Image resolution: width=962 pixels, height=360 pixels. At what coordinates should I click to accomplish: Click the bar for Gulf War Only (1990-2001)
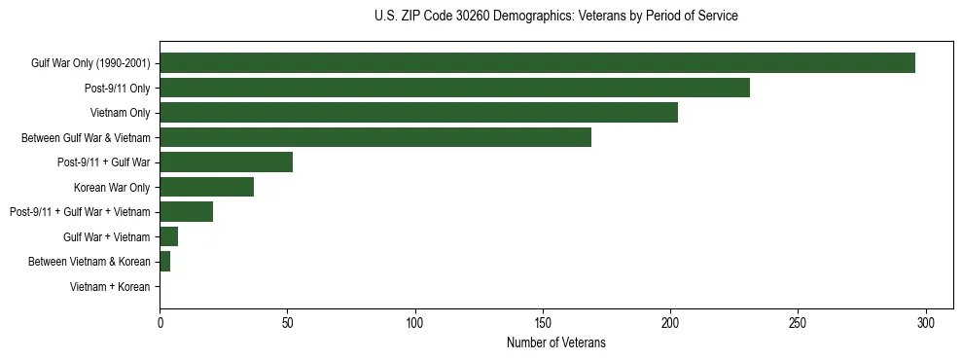pyautogui.click(x=537, y=63)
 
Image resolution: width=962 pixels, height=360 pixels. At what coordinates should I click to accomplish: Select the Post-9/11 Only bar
pyautogui.click(x=454, y=89)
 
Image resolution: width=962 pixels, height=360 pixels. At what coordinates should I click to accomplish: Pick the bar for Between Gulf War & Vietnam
pyautogui.click(x=375, y=138)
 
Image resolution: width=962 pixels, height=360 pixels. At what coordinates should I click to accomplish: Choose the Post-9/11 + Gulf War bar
pyautogui.click(x=226, y=162)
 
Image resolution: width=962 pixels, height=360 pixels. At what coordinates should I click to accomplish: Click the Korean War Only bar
pyautogui.click(x=206, y=187)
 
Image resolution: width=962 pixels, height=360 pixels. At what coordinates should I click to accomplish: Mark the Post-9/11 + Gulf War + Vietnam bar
pyautogui.click(x=186, y=212)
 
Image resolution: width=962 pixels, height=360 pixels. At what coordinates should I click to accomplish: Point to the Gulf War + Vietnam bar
pyautogui.click(x=168, y=236)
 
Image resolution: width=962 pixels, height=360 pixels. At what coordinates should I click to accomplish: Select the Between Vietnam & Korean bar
pyautogui.click(x=164, y=262)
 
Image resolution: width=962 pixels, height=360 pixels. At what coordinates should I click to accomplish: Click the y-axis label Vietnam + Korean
pyautogui.click(x=110, y=287)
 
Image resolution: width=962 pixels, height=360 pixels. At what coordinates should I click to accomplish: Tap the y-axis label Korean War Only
pyautogui.click(x=112, y=187)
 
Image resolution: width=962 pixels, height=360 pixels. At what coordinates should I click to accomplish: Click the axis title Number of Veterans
pyautogui.click(x=555, y=342)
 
